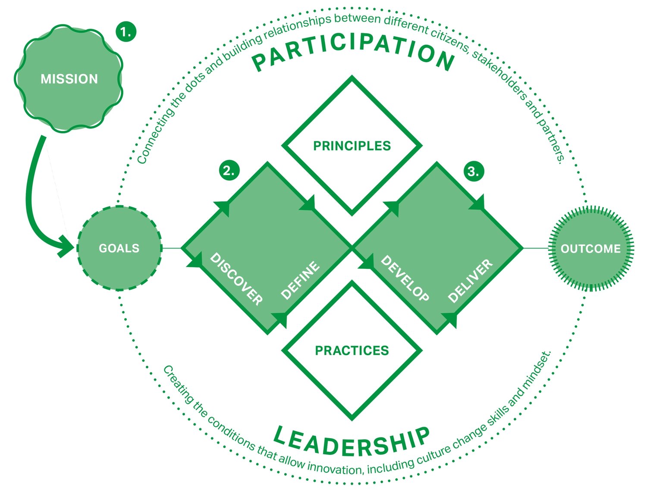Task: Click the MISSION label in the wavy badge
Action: click(x=69, y=79)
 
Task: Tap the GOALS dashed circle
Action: click(x=119, y=248)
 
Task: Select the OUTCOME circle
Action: click(x=590, y=249)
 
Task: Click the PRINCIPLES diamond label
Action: click(x=352, y=146)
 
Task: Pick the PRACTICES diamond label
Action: click(x=352, y=350)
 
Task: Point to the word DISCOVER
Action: click(x=236, y=279)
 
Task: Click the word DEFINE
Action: click(x=300, y=280)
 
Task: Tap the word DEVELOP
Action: click(x=405, y=278)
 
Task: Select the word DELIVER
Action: click(x=470, y=281)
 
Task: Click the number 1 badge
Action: click(x=126, y=32)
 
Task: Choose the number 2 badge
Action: click(x=229, y=171)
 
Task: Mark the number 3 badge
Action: click(x=473, y=172)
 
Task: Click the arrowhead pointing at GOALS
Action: click(x=67, y=247)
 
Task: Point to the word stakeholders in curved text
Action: click(x=500, y=80)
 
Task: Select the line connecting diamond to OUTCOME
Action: click(x=535, y=248)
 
